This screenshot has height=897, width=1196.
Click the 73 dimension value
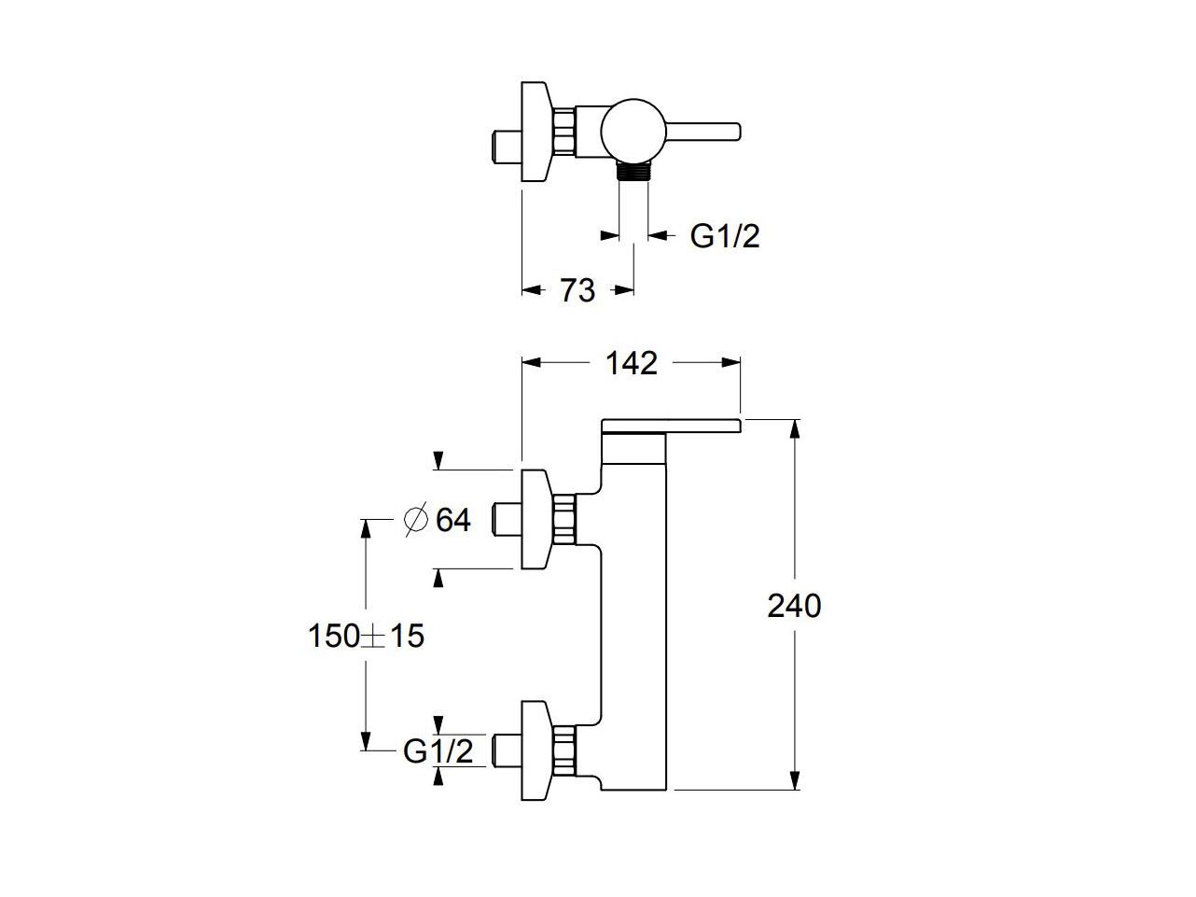(x=577, y=291)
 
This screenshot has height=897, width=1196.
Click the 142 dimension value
(x=632, y=363)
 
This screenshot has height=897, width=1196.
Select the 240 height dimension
(x=794, y=606)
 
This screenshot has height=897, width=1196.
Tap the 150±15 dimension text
(x=366, y=637)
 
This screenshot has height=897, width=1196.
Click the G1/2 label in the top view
(x=725, y=236)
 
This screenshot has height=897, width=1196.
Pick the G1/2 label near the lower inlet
(x=438, y=750)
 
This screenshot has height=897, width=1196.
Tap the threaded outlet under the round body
(x=633, y=171)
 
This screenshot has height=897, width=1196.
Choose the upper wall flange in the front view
(x=535, y=519)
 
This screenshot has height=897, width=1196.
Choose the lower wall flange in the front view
(x=535, y=750)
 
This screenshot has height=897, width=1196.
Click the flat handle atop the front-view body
(x=672, y=427)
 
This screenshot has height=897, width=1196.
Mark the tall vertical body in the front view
(x=637, y=616)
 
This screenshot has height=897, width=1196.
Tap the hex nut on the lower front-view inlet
(x=565, y=750)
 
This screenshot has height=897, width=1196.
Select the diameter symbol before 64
(x=415, y=519)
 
